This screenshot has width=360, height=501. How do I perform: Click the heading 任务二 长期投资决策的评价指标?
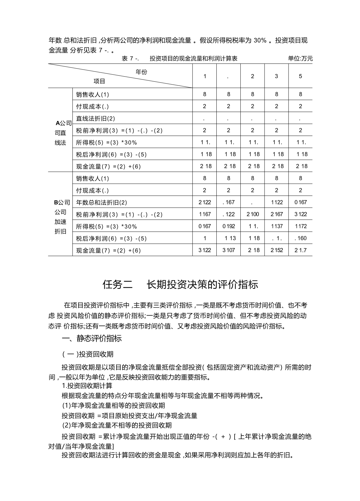180,284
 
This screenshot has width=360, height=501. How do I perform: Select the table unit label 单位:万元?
300,58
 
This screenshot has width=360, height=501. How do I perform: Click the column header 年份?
141,72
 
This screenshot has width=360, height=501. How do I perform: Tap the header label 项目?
99,81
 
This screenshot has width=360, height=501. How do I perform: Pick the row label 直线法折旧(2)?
95,118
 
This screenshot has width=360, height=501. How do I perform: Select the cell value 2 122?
205,202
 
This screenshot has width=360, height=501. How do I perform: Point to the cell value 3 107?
229,250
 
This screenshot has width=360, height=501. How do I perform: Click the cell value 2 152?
276,250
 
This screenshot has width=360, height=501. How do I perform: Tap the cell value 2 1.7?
300,250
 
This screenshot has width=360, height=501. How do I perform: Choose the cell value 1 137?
276,226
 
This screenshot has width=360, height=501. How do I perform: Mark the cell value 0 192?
229,226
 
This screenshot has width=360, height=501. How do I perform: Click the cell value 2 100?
252,214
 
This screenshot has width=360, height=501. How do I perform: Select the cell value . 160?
300,238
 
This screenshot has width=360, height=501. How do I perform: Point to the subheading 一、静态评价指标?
92,338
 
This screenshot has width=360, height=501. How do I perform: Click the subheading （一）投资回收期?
88,354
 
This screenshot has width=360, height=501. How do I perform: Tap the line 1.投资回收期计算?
87,386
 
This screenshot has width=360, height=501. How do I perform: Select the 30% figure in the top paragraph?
260,41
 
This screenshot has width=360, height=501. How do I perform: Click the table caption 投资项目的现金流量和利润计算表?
193,58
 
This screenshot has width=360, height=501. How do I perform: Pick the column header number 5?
300,76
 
